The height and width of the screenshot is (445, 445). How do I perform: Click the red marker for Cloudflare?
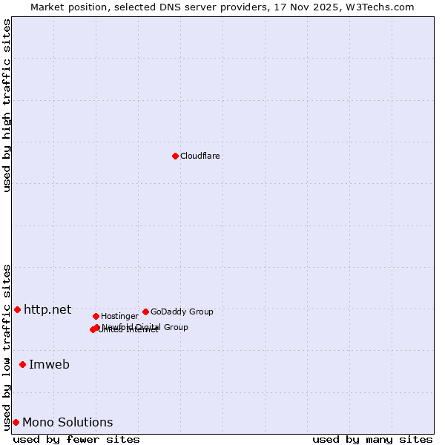tap(175, 156)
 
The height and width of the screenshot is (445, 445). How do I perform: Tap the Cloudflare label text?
tap(200, 156)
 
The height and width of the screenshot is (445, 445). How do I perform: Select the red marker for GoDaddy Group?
tap(145, 311)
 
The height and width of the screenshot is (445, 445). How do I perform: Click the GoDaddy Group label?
tap(182, 311)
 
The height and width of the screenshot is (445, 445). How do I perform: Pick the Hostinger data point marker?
tap(96, 316)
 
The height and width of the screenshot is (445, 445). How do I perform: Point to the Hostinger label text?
tap(119, 316)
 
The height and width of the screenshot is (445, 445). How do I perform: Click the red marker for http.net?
tap(17, 309)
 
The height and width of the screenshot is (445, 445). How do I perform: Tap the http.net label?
tap(47, 309)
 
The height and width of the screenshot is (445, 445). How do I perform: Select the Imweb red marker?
tap(22, 364)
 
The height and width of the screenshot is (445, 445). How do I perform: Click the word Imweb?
tap(49, 364)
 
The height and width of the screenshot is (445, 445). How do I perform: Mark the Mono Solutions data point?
tap(16, 422)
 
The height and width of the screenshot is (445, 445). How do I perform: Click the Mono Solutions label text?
tap(67, 422)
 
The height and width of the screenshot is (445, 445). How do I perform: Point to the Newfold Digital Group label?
tap(148, 326)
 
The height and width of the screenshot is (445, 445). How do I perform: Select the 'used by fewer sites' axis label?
tap(76, 439)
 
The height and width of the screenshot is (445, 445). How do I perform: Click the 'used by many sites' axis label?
tap(372, 439)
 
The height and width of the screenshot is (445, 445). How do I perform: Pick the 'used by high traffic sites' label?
tap(7, 105)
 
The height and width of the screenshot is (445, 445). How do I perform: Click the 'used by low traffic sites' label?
tap(7, 346)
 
